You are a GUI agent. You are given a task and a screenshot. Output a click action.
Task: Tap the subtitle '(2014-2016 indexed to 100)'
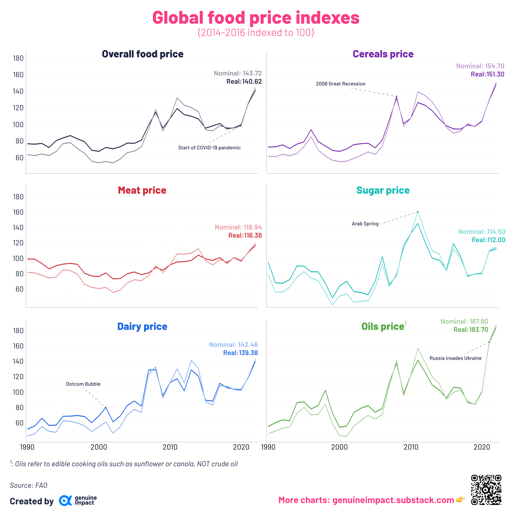(256, 33)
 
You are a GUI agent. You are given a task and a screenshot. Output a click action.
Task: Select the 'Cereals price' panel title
(383, 54)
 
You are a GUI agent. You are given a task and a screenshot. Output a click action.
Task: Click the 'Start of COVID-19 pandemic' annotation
(209, 148)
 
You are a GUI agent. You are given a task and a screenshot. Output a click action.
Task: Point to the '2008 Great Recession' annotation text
(341, 84)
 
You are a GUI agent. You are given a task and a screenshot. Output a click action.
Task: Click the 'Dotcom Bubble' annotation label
(83, 384)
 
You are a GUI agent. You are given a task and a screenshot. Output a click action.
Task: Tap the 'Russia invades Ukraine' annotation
(455, 358)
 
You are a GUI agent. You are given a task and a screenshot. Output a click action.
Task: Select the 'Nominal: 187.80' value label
(464, 321)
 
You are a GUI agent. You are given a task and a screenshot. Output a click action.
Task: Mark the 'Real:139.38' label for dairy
(240, 353)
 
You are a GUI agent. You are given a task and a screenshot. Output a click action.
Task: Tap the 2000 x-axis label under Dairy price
(99, 447)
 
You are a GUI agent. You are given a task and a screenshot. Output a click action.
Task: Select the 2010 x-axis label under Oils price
(411, 447)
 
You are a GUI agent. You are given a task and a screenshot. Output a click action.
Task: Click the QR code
(486, 490)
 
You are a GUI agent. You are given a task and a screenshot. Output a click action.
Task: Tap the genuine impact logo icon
(65, 501)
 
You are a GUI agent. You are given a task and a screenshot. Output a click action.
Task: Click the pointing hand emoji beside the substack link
(461, 500)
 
